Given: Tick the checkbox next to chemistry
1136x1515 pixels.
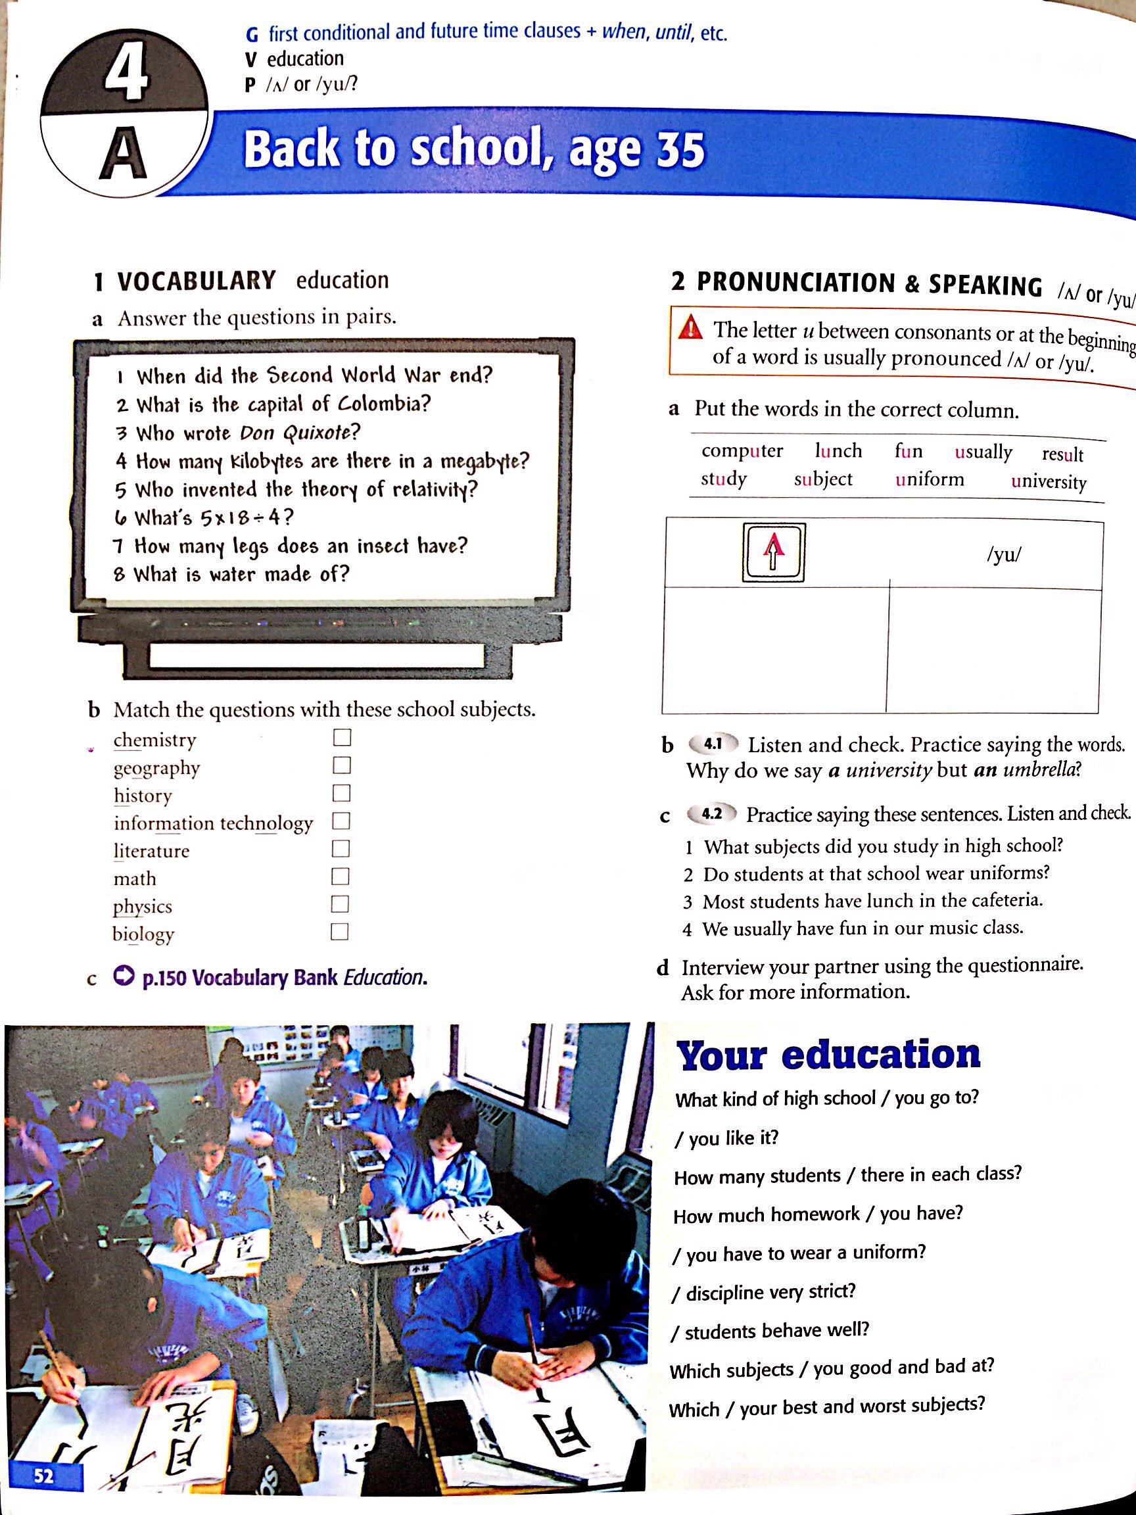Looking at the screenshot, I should coord(341,738).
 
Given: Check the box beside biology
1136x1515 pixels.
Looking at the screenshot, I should coord(340,932).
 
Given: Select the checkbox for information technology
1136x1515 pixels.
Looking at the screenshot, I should coord(341,821).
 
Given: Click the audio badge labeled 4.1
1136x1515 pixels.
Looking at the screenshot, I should coord(713,744).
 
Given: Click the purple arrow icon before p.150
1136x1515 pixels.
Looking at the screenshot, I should coord(124,977).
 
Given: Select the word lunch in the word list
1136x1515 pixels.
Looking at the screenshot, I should coord(838,450).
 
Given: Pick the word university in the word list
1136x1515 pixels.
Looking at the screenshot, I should coord(1049,481).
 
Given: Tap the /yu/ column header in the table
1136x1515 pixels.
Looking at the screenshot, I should coord(1003,555).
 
